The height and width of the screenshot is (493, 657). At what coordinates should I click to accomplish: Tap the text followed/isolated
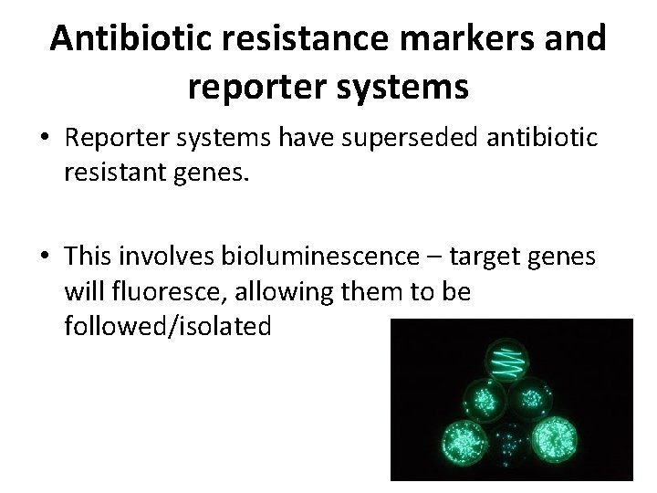[x=168, y=325]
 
